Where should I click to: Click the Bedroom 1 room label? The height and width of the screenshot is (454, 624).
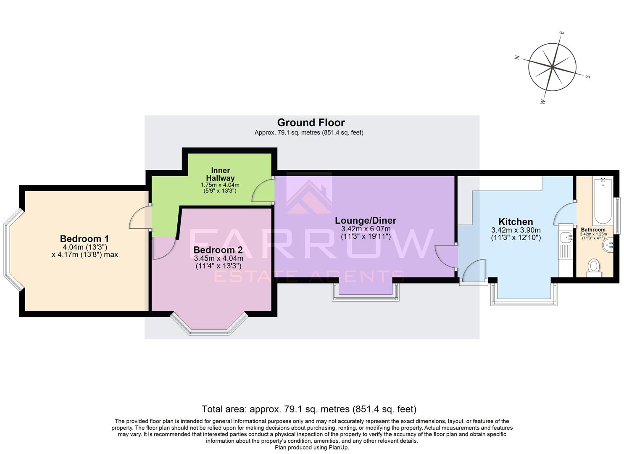(84, 239)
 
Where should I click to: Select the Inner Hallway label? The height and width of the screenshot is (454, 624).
(220, 174)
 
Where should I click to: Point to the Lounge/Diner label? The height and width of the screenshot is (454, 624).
(365, 220)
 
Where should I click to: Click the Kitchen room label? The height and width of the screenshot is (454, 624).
(515, 222)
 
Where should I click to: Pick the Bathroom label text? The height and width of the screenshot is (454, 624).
(593, 230)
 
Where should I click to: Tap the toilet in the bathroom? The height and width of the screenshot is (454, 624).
(593, 267)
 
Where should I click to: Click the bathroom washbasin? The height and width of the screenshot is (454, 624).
(608, 246)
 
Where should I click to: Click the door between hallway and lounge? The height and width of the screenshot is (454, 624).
(263, 192)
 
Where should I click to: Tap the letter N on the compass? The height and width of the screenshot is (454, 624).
(517, 58)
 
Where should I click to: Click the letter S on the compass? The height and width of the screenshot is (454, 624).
(588, 77)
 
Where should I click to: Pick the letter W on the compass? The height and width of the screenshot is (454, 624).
(543, 102)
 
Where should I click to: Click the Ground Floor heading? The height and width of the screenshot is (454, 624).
(311, 122)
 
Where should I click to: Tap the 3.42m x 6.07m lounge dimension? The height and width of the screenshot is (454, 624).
(365, 229)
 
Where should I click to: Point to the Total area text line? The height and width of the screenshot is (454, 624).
(309, 409)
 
